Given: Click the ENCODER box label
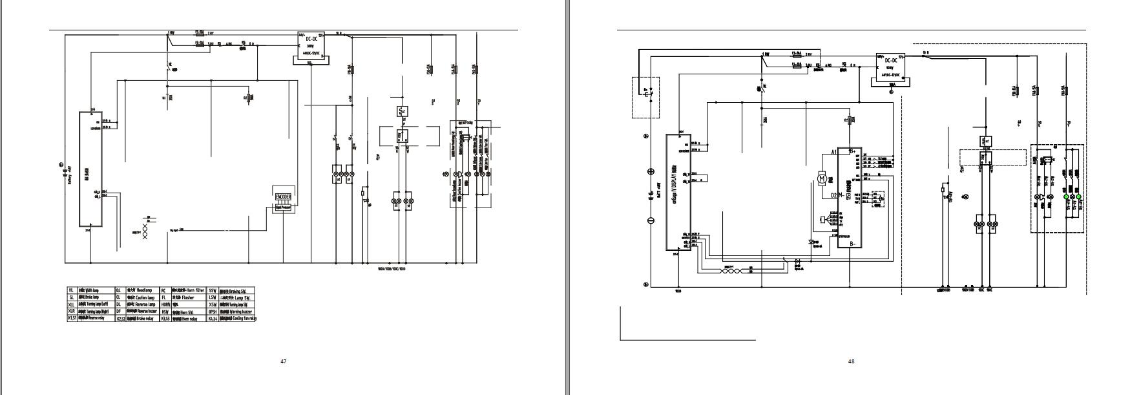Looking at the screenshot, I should point(283,197).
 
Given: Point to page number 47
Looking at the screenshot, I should point(283,361).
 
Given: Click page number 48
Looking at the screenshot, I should point(851,361).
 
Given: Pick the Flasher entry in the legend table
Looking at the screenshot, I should point(184,298).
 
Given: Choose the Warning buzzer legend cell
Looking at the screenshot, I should point(237,312).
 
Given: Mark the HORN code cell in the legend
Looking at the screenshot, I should point(165,304).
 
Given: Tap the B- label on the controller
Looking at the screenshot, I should point(853,244).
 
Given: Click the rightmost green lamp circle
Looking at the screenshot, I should point(1078,196).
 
